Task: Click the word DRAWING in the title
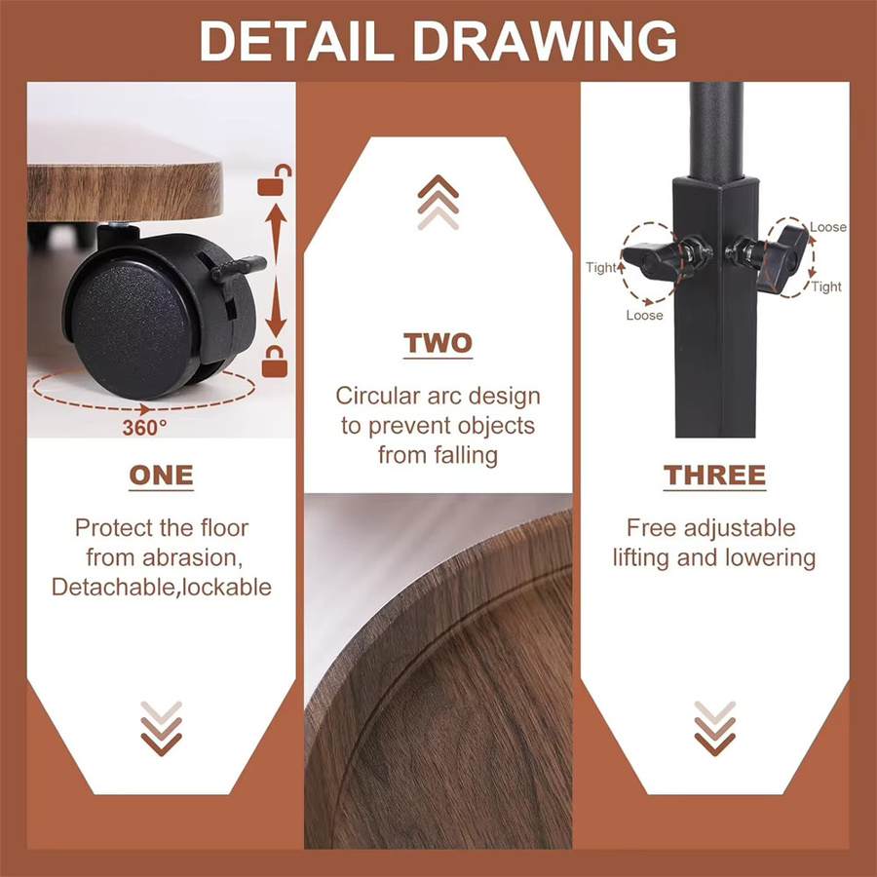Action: coord(545,41)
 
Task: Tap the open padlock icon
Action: coord(275,179)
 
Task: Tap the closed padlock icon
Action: coord(275,362)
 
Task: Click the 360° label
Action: coord(144,428)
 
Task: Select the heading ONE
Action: coord(161,476)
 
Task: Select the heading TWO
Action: coord(438,343)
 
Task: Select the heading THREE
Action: coord(715,476)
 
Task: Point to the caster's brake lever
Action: coord(239,269)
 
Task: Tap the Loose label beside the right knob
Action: coord(827,227)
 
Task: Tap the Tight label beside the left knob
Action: coord(601,267)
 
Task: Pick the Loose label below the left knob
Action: coord(644,316)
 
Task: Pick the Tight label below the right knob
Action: coord(826,286)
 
